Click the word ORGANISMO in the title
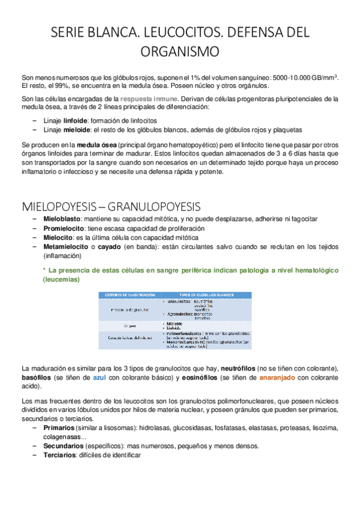[x=180, y=52]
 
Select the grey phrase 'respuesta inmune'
[x=149, y=99]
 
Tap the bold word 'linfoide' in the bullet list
[x=75, y=121]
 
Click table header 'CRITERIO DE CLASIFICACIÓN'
[x=130, y=295]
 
